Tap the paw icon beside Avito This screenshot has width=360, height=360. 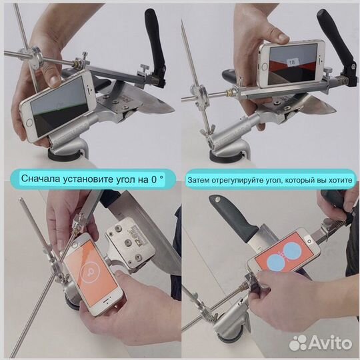pos(298,343)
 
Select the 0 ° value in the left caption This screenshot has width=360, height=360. pos(158,179)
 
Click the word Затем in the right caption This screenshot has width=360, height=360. pos(199,180)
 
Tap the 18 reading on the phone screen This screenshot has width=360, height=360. pos(292,62)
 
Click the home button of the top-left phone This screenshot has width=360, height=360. pos(29,123)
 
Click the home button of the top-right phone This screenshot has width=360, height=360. pos(265,67)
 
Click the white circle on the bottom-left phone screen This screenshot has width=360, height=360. pos(90,272)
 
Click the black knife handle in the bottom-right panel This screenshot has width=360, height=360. pos(233,218)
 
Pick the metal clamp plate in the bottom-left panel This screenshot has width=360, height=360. pos(130,244)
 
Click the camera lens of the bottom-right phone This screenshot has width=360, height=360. pos(309,241)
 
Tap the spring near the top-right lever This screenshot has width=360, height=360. pos(340,81)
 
